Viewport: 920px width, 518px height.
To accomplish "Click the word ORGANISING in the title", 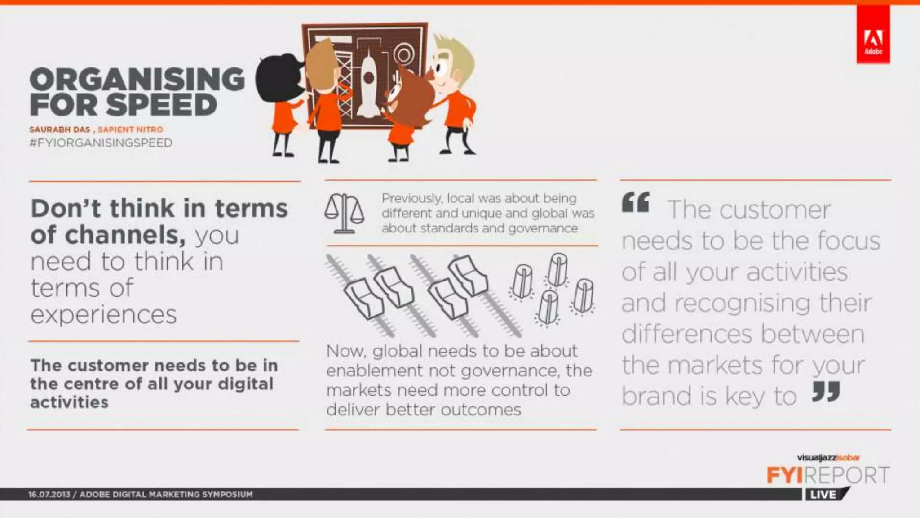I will (137, 80).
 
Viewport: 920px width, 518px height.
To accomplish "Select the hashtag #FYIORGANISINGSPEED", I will (101, 143).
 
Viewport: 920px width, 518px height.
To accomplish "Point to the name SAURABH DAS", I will (60, 129).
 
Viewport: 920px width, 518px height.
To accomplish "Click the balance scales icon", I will (344, 213).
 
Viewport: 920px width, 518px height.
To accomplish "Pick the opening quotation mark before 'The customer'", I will (636, 202).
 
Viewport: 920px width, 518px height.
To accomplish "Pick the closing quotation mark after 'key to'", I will (826, 392).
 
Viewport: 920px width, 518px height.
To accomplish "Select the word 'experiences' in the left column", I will (104, 314).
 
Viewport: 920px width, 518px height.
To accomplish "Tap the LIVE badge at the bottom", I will (823, 495).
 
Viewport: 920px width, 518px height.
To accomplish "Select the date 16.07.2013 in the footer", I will (49, 494).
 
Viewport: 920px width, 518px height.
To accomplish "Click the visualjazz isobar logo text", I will (828, 458).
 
